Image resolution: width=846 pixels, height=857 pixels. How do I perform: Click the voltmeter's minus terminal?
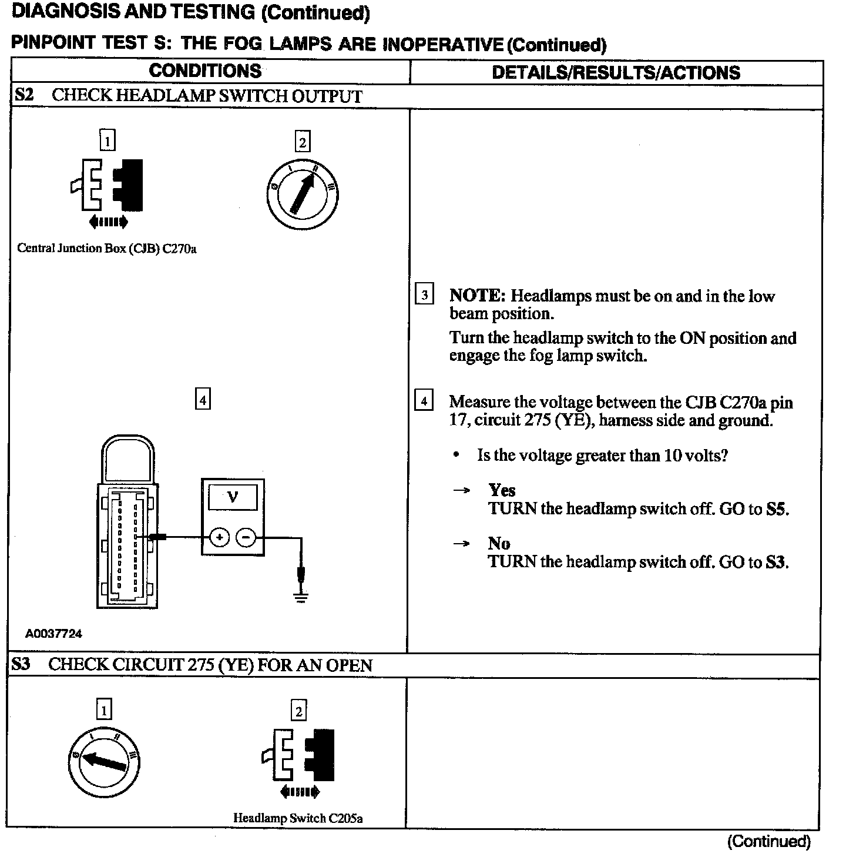click(246, 537)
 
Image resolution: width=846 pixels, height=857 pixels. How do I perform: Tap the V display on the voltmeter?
click(233, 498)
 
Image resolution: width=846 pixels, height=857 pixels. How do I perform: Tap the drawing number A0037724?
click(53, 634)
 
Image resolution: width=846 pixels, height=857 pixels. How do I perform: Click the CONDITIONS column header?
click(205, 71)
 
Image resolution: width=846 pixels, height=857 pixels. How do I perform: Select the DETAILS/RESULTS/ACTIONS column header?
click(616, 72)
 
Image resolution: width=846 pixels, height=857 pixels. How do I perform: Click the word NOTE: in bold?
click(477, 296)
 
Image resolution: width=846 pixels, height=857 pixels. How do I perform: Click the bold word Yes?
click(502, 490)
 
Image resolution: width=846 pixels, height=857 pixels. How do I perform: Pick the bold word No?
click(499, 543)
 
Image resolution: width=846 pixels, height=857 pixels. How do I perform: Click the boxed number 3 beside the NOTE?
click(424, 294)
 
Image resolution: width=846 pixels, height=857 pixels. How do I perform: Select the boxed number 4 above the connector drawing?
click(202, 400)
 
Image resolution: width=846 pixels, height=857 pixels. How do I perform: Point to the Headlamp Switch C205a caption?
click(298, 818)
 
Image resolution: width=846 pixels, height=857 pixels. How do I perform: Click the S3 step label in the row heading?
click(21, 665)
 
